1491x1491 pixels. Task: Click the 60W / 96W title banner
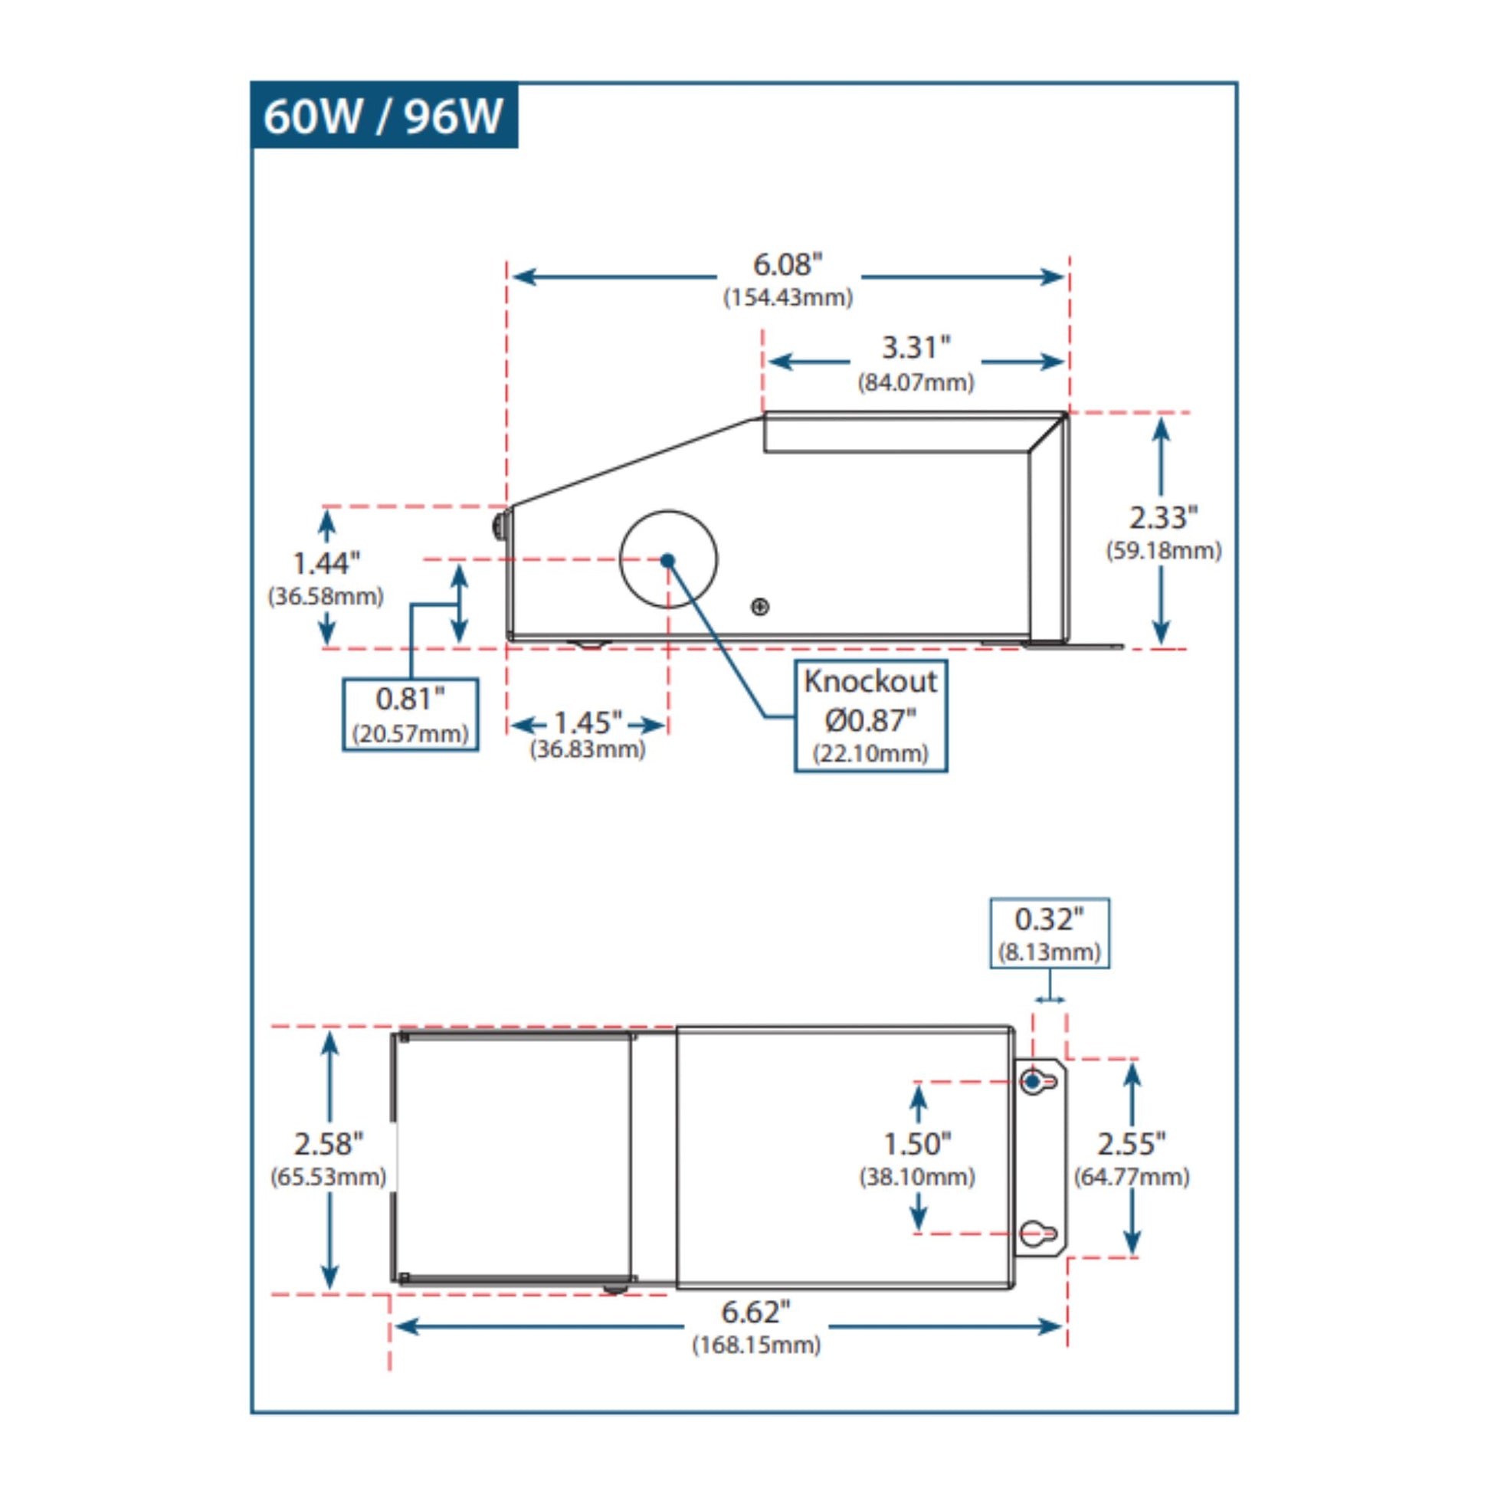(384, 116)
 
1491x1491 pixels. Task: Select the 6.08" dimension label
(787, 264)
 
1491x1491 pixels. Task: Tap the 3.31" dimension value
(916, 348)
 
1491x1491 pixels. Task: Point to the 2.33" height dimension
(1163, 518)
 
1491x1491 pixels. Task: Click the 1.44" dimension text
(326, 564)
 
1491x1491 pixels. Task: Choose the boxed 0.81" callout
(410, 713)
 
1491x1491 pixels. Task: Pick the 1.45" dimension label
(588, 723)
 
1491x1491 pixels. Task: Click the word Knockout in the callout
(870, 681)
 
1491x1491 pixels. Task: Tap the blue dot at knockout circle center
(667, 560)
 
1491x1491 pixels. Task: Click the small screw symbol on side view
(760, 607)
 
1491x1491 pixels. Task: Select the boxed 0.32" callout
(1050, 932)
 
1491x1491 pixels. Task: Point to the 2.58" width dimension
(328, 1144)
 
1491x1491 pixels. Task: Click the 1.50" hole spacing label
(917, 1144)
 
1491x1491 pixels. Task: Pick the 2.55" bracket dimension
(1132, 1144)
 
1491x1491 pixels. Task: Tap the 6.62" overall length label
(755, 1312)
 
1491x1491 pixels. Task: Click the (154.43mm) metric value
(787, 298)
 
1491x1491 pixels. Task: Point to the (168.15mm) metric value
(755, 1345)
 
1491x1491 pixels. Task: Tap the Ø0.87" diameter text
(870, 721)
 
